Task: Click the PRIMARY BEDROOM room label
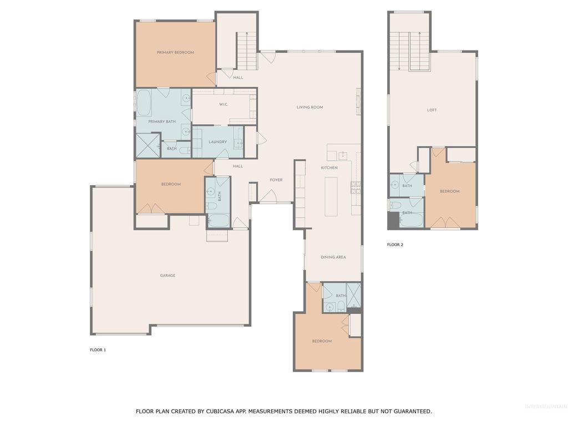[175, 53]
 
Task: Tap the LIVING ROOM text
[310, 108]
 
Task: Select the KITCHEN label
[329, 168]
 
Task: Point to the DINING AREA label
[333, 257]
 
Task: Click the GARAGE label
[168, 276]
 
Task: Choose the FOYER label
[276, 180]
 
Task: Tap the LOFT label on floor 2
[432, 110]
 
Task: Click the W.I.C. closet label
[224, 104]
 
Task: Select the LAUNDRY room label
[217, 142]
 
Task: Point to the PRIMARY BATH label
[162, 121]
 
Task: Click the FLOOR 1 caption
[98, 350]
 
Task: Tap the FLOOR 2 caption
[395, 245]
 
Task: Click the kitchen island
[332, 196]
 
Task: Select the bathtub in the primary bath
[144, 103]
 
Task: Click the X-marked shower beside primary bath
[148, 146]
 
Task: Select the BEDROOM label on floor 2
[449, 192]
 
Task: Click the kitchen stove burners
[356, 187]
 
